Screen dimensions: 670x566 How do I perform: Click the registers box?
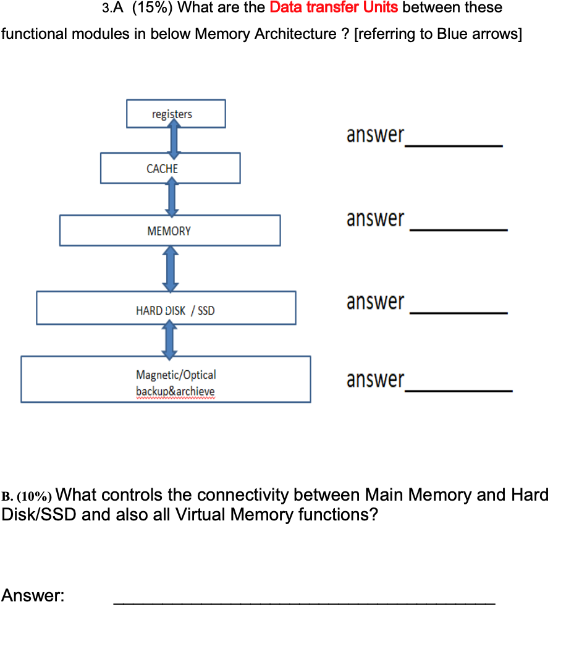175,114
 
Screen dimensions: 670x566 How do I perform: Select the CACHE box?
170,169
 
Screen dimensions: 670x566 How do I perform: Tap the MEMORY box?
169,231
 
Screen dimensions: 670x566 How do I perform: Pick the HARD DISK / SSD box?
166,308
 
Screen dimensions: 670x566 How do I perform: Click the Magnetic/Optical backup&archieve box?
166,380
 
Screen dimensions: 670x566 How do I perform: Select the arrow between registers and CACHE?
174,140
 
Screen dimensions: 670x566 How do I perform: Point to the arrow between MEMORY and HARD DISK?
171,269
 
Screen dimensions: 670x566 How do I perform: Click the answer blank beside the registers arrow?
453,145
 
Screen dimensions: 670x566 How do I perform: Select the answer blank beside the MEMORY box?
458,229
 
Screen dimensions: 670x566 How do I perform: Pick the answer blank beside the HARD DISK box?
458,313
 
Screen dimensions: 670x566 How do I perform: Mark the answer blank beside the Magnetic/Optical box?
458,390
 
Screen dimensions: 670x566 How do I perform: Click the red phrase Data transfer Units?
334,8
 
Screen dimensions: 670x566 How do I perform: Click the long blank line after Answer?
304,603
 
